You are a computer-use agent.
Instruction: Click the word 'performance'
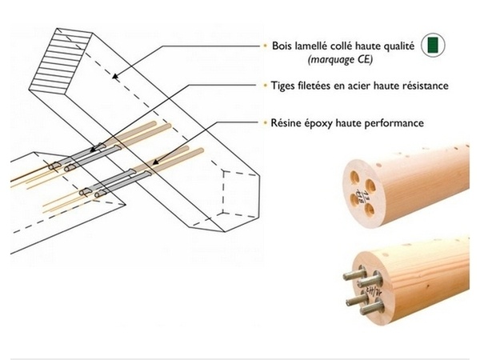click(396, 123)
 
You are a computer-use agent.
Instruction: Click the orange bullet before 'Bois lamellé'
click(264, 46)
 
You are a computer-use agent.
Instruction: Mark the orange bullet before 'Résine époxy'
click(264, 123)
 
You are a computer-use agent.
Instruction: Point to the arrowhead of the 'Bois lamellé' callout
click(114, 78)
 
